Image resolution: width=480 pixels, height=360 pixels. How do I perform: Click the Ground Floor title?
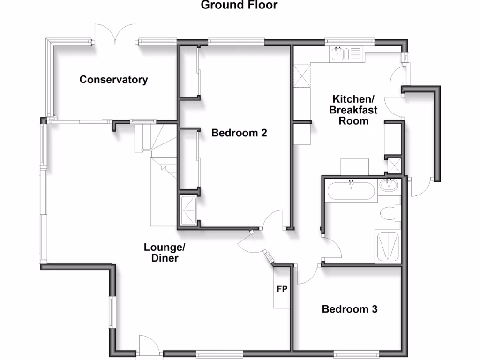(239, 6)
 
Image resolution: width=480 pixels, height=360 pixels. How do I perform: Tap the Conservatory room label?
(113, 79)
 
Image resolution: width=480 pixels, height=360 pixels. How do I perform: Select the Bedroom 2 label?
(239, 133)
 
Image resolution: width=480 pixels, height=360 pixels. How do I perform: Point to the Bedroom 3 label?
(350, 309)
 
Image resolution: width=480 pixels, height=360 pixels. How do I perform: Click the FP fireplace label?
(282, 289)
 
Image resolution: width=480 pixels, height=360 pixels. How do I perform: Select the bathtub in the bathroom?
(352, 191)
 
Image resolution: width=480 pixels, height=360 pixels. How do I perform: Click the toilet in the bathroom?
(389, 214)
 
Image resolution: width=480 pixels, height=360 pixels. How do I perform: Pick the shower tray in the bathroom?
(387, 246)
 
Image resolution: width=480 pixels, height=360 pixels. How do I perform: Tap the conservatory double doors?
(116, 35)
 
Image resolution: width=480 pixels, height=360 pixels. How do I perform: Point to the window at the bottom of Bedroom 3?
(356, 352)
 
